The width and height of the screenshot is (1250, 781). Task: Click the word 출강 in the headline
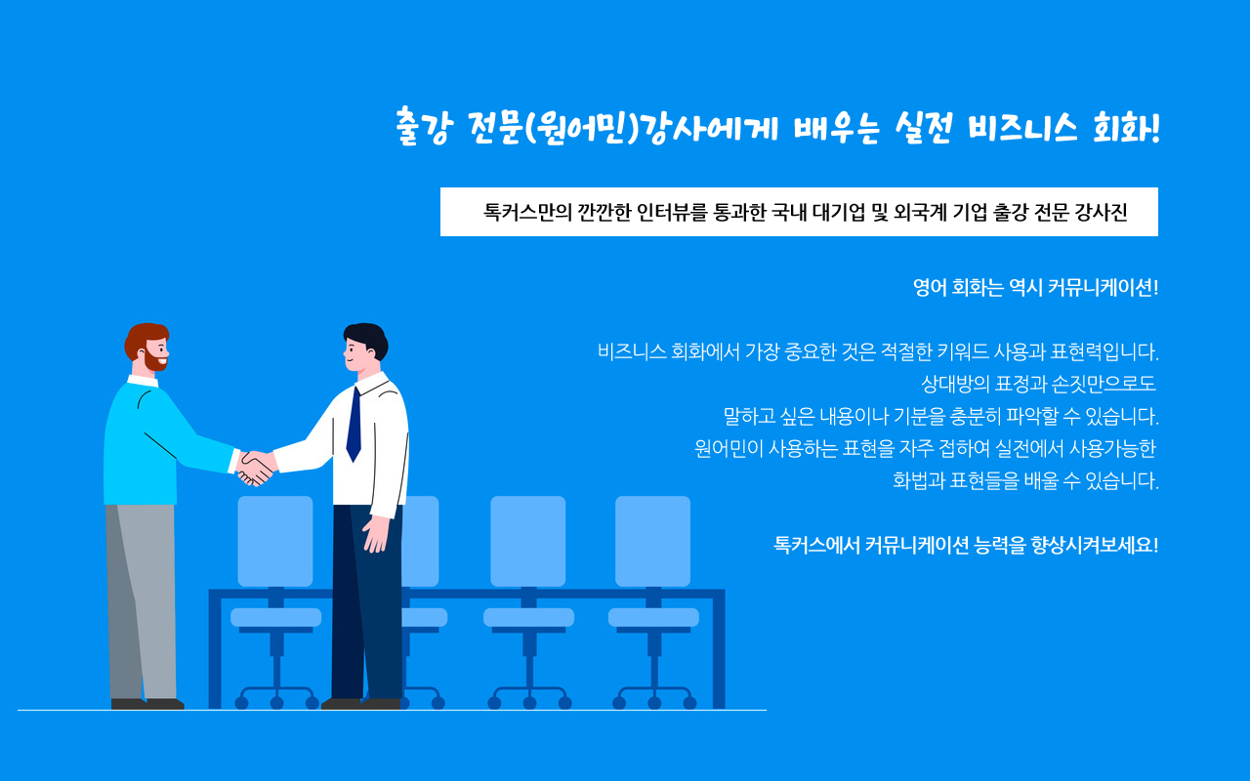[422, 128]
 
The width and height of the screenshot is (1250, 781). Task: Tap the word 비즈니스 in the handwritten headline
[1022, 128]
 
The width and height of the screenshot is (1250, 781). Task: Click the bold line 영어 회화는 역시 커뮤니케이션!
[1036, 288]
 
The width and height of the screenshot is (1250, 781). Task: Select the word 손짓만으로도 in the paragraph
[1104, 384]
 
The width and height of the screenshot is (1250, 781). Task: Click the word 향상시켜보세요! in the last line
[1095, 545]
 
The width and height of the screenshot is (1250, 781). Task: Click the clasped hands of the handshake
[256, 468]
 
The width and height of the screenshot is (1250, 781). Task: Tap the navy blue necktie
[354, 424]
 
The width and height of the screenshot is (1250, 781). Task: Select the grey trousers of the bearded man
[142, 601]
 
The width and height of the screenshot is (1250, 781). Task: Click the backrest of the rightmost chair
[652, 541]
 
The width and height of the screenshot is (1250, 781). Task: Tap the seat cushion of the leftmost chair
[275, 617]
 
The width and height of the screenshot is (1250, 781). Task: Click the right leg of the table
[719, 650]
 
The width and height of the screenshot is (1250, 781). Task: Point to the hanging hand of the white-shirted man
[375, 534]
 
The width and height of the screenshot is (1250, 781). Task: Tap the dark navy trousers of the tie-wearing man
[367, 601]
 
